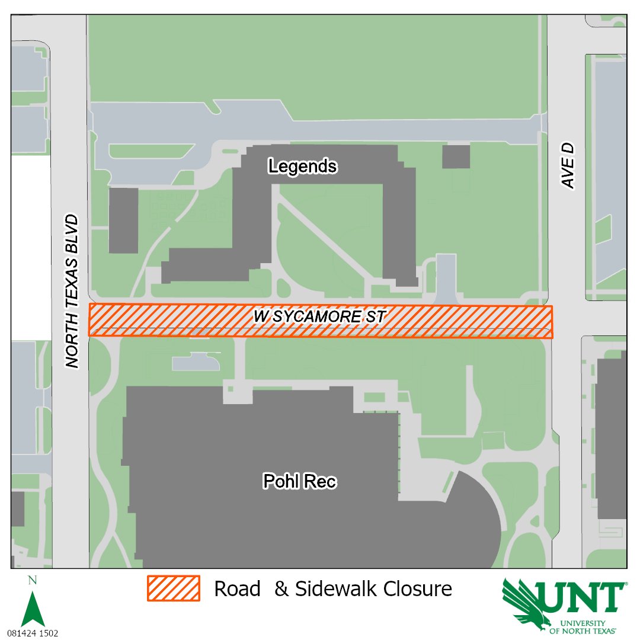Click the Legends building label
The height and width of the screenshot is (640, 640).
pos(302,167)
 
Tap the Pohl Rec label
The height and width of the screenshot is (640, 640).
pos(299,482)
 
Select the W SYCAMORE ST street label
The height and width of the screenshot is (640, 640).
pos(319,316)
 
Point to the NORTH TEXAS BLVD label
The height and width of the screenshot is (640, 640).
pos(73,290)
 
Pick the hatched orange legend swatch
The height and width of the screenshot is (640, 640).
pos(173,588)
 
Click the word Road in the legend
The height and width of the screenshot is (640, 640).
pos(237,588)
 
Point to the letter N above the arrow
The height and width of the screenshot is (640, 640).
pos(33,581)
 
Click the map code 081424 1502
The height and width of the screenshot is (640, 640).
pos(33,633)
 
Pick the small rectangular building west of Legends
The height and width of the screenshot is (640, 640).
pos(123,220)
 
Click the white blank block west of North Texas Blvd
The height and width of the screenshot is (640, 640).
pos(30,248)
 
